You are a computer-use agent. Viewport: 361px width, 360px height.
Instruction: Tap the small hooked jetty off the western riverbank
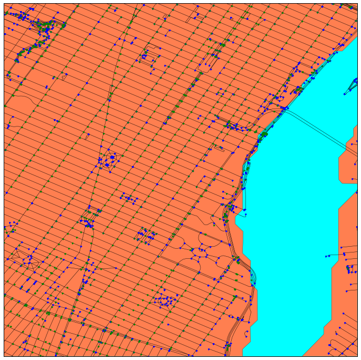pos(244,211)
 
